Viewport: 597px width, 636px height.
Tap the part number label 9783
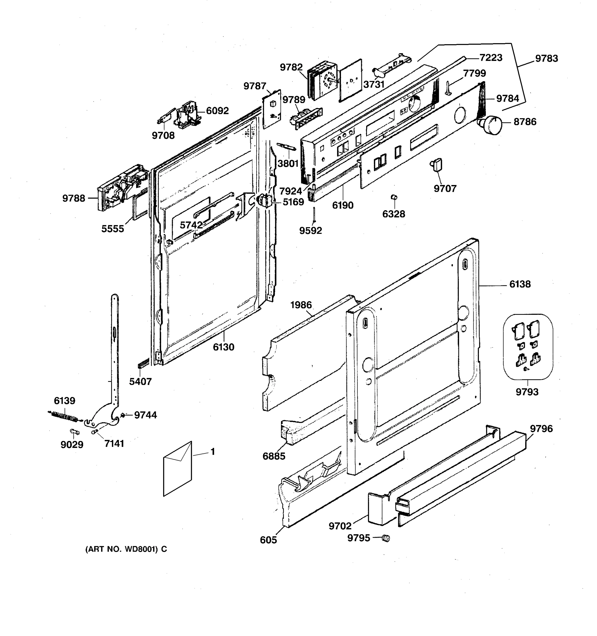(546, 59)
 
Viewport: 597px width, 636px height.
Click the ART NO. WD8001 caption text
(126, 549)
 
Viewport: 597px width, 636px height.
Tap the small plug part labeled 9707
(436, 165)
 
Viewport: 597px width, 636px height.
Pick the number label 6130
(224, 347)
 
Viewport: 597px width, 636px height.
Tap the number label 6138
(520, 284)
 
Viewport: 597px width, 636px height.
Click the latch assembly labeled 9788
(120, 189)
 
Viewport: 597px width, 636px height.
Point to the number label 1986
(301, 305)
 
